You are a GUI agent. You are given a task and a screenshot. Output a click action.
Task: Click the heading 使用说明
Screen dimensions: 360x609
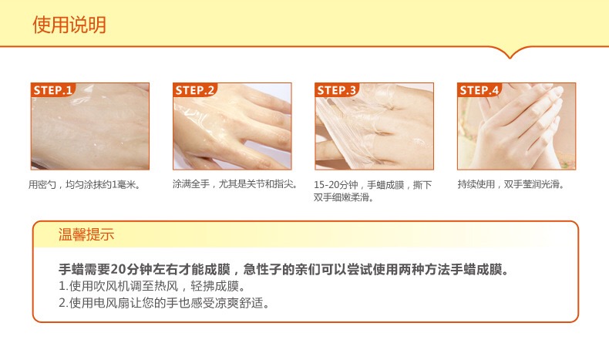click(x=69, y=25)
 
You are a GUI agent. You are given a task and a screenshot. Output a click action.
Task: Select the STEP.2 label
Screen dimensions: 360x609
click(x=195, y=90)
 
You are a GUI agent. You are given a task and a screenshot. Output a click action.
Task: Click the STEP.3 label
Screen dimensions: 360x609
click(x=338, y=90)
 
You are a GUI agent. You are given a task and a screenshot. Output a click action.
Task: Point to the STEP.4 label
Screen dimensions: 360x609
click(x=479, y=90)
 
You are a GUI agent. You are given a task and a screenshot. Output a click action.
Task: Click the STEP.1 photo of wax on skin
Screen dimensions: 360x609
click(x=90, y=131)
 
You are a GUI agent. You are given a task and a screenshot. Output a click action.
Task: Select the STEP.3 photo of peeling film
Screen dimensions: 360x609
click(x=374, y=131)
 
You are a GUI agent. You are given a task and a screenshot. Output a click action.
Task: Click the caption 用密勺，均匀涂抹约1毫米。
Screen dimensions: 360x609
click(x=85, y=185)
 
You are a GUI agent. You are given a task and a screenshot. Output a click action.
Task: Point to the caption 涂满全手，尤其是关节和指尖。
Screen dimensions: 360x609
click(x=235, y=185)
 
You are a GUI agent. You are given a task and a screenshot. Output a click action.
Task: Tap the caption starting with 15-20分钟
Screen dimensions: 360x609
click(x=373, y=185)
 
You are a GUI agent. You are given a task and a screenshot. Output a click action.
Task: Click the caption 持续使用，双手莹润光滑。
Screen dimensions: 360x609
click(x=511, y=185)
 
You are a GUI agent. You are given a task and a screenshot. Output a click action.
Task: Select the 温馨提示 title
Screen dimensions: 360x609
click(x=86, y=234)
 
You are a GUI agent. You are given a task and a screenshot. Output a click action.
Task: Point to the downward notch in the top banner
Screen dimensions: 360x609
click(x=510, y=55)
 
